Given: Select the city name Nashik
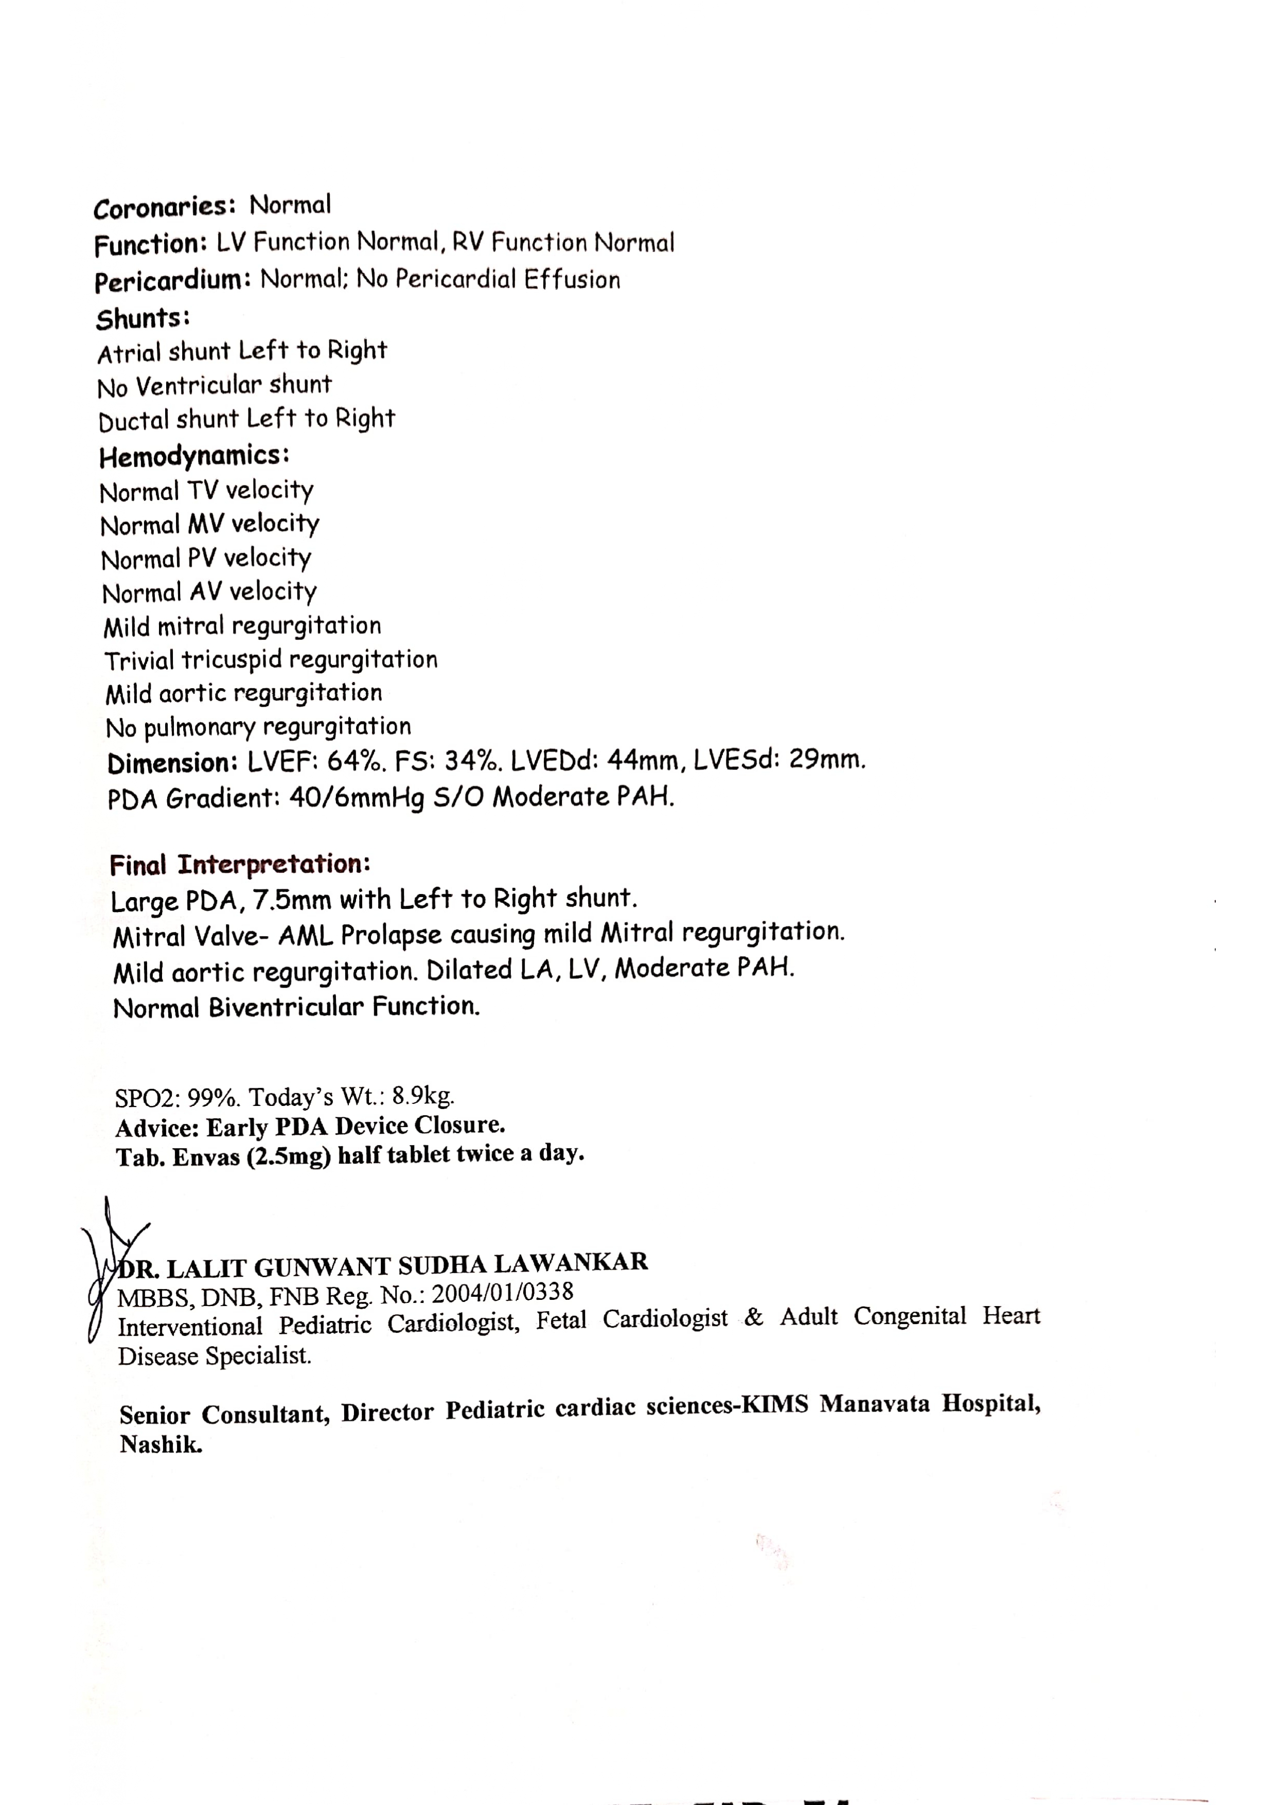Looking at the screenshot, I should tap(161, 1444).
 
